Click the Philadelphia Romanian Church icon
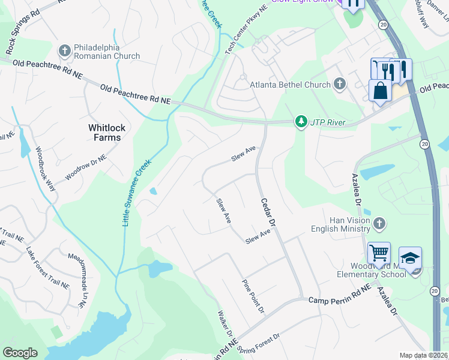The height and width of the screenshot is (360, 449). point(65,49)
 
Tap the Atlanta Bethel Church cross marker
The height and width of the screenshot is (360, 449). point(340,84)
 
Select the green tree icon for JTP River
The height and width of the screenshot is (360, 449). point(301,122)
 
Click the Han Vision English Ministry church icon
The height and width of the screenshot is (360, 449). point(378,224)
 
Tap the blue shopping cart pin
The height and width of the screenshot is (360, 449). point(379,254)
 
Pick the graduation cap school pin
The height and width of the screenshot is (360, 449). point(410,259)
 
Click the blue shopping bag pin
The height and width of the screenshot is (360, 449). point(380,91)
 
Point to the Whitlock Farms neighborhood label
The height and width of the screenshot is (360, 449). point(104,133)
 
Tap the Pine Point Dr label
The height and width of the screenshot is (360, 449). point(253,295)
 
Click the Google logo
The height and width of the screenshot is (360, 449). point(20,353)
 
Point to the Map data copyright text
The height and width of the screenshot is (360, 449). point(424,355)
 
